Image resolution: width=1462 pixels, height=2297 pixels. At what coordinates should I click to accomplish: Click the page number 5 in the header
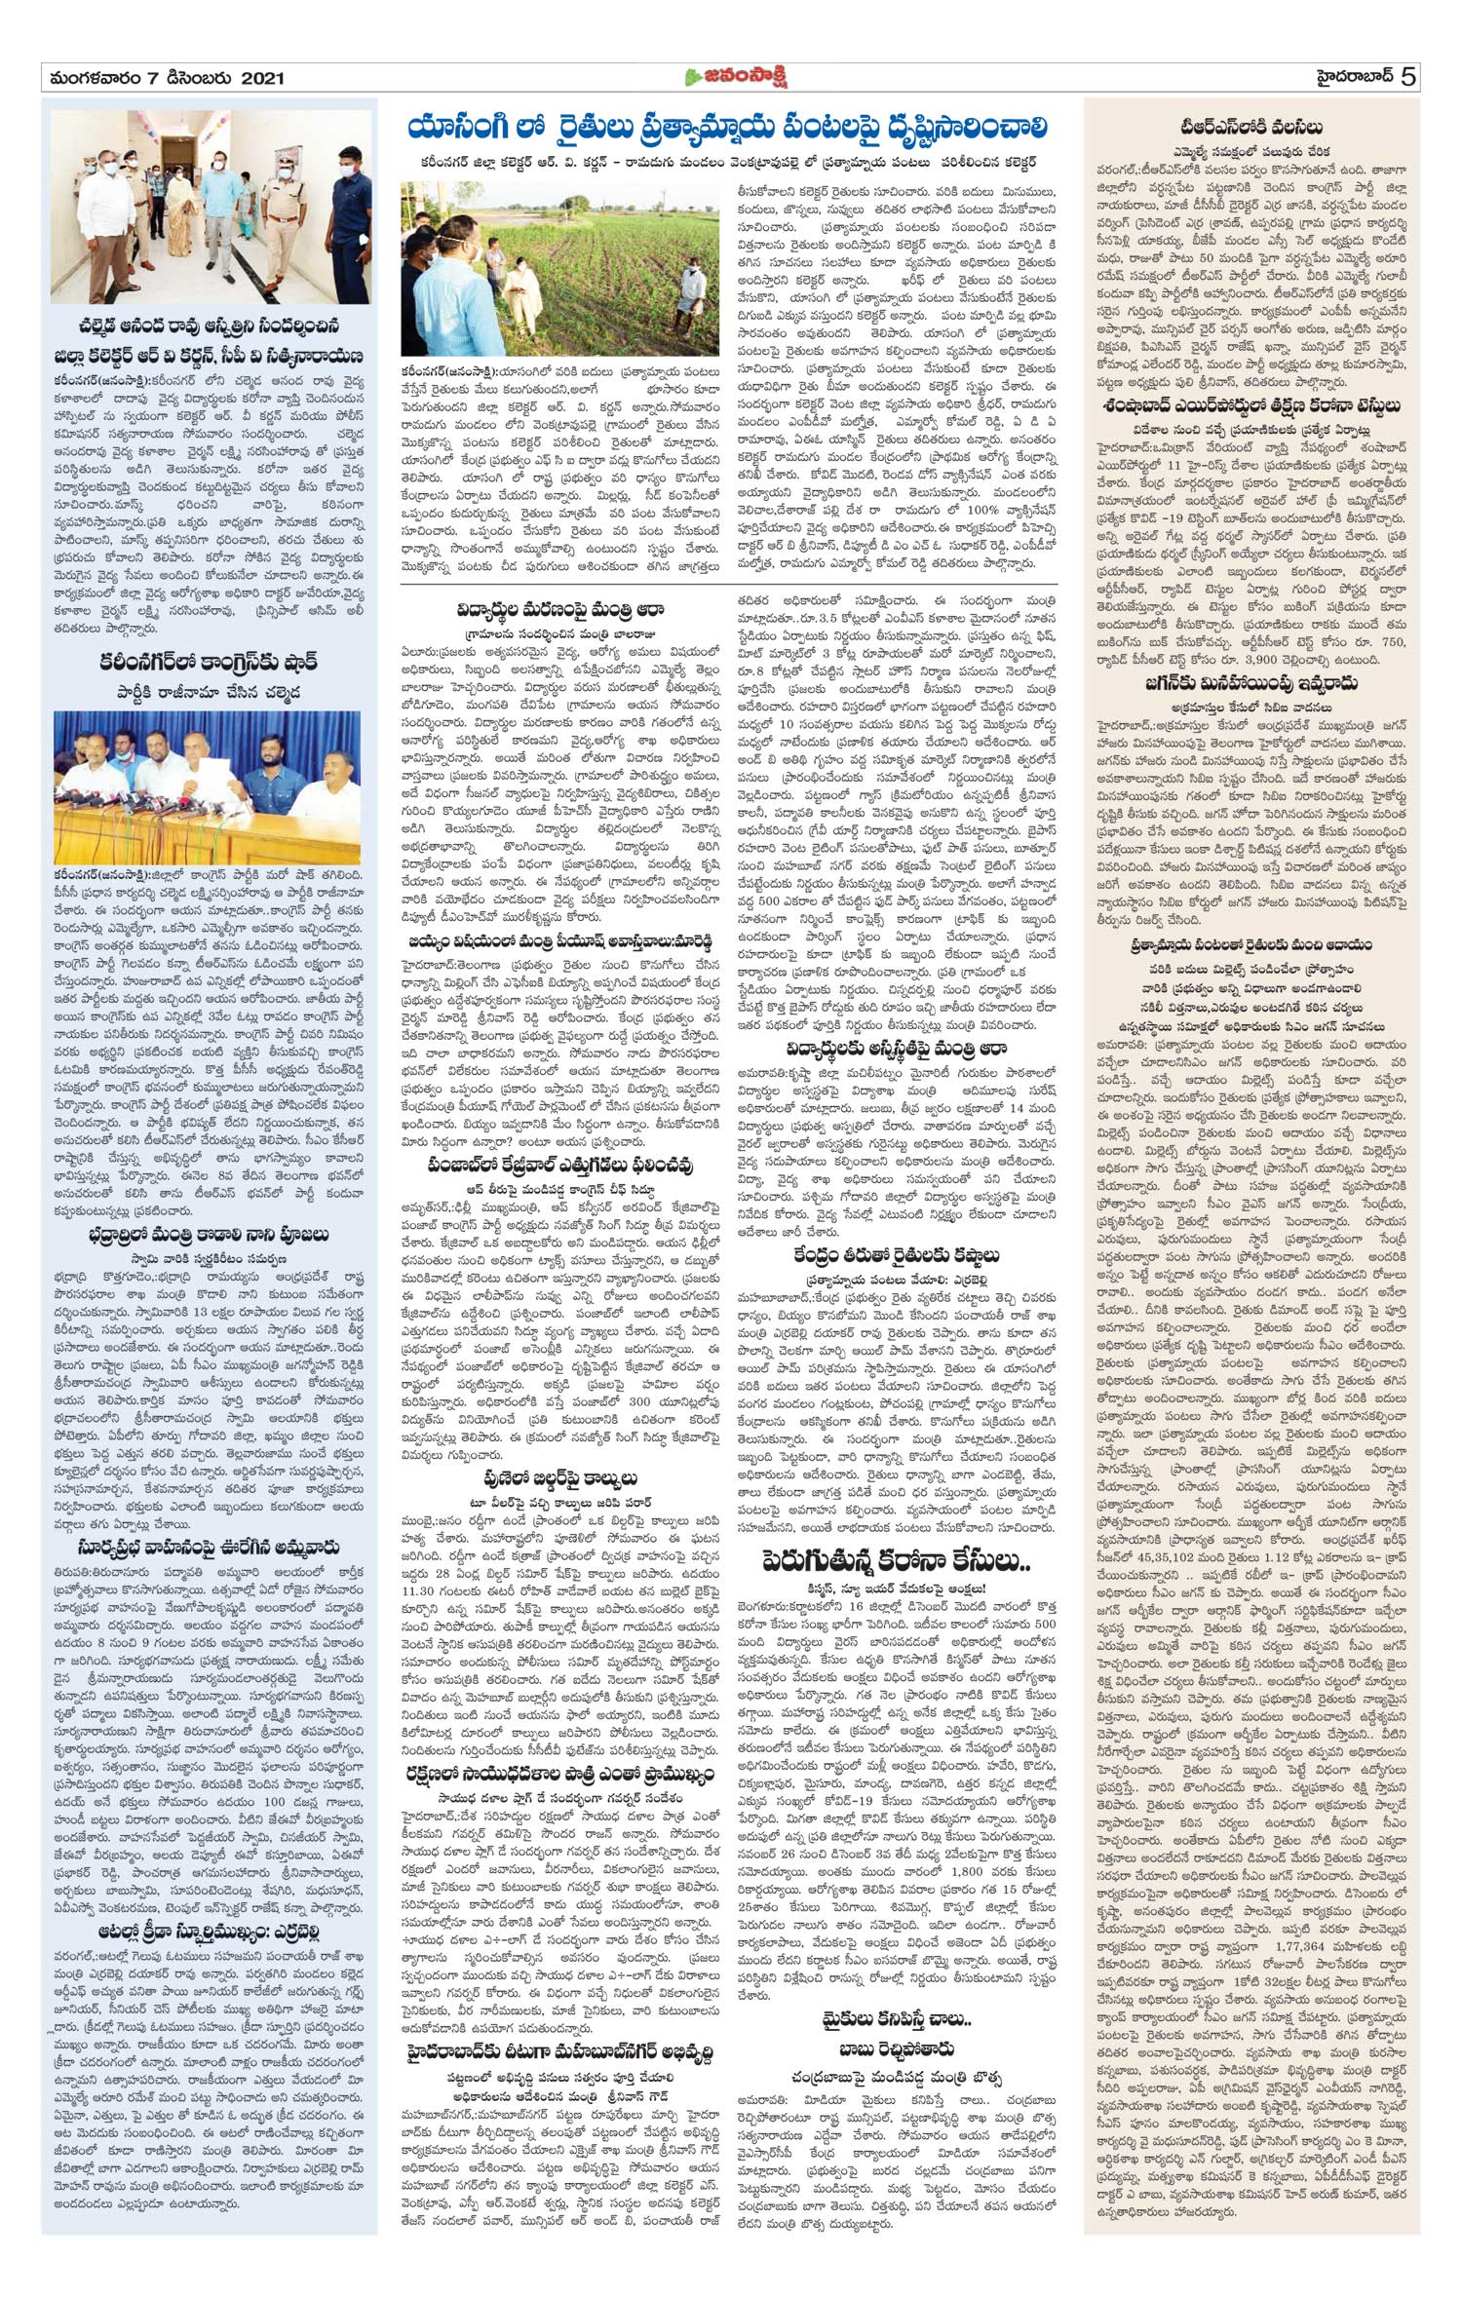[1409, 77]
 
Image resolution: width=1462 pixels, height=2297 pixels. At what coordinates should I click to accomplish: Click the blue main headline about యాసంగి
[728, 128]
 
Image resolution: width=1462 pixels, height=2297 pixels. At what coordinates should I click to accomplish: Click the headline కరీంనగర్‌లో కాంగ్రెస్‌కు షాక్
[210, 663]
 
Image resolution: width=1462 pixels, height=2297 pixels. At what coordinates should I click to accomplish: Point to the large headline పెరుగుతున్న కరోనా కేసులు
[897, 1562]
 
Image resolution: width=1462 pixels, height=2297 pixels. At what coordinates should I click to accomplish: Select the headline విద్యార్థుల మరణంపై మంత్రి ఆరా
[560, 610]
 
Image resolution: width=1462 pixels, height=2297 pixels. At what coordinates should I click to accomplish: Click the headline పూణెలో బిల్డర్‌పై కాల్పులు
[560, 1477]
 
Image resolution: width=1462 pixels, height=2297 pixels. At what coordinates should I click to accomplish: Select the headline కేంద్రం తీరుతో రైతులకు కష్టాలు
[896, 1255]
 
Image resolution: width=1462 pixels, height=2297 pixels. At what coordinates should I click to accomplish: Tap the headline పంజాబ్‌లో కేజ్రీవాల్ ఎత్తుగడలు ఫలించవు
[560, 1166]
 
